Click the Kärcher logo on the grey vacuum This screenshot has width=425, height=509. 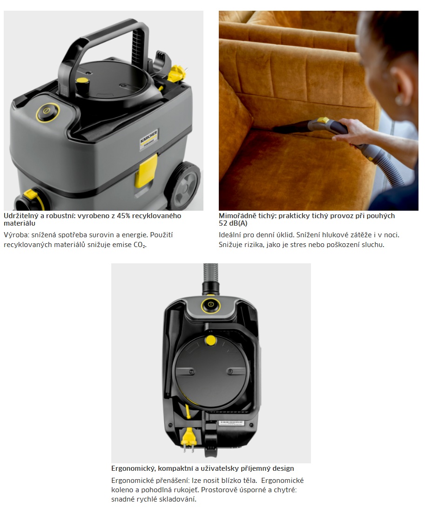[x=149, y=139]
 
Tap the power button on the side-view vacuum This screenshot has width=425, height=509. [x=47, y=112]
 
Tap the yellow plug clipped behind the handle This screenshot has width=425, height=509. [x=177, y=74]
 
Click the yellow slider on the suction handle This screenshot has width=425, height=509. [x=323, y=120]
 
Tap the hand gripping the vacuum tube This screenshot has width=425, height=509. [x=352, y=131]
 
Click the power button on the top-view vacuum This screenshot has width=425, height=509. [x=210, y=305]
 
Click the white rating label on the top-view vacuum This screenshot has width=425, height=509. [x=231, y=423]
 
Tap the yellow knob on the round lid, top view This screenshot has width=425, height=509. [x=211, y=341]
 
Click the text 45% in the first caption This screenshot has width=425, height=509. [x=123, y=216]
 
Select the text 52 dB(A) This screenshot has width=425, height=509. [x=233, y=223]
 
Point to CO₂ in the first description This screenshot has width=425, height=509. [x=140, y=245]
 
